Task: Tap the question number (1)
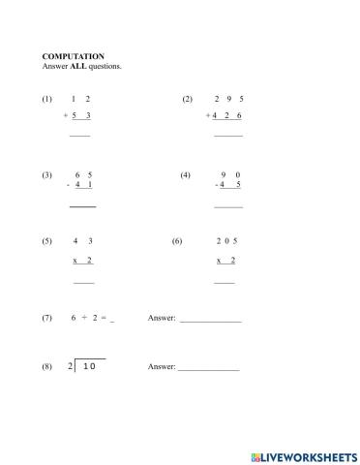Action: coord(46,99)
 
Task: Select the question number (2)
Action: coord(188,99)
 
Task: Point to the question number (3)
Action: coord(46,175)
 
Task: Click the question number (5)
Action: coord(46,241)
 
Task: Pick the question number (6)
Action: coord(177,241)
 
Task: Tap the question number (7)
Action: coord(46,318)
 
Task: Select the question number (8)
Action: coord(46,367)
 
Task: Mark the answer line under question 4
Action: coord(228,206)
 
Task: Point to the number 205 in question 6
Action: coord(226,241)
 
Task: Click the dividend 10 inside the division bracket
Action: coord(88,367)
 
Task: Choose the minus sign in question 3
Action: coord(68,185)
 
